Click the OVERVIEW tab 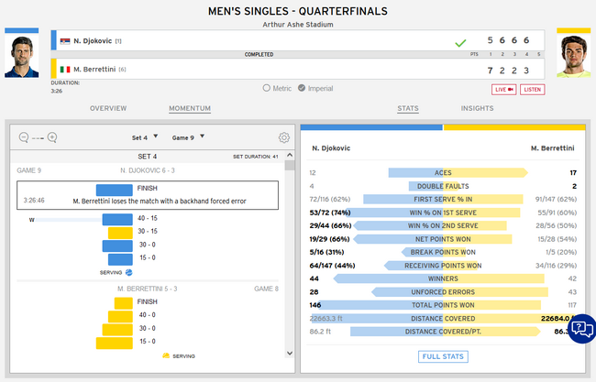click(x=108, y=108)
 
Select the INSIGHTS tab click(x=477, y=108)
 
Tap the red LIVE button click(x=504, y=89)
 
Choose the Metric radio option click(x=267, y=88)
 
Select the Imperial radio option click(x=303, y=88)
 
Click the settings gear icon click(x=284, y=137)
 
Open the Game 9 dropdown click(x=187, y=137)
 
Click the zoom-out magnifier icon click(x=24, y=137)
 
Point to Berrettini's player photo click(x=573, y=57)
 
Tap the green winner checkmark click(x=459, y=42)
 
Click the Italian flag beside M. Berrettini click(x=65, y=69)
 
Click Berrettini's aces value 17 click(x=572, y=172)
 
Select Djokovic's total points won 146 click(x=315, y=304)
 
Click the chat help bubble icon click(x=580, y=328)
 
